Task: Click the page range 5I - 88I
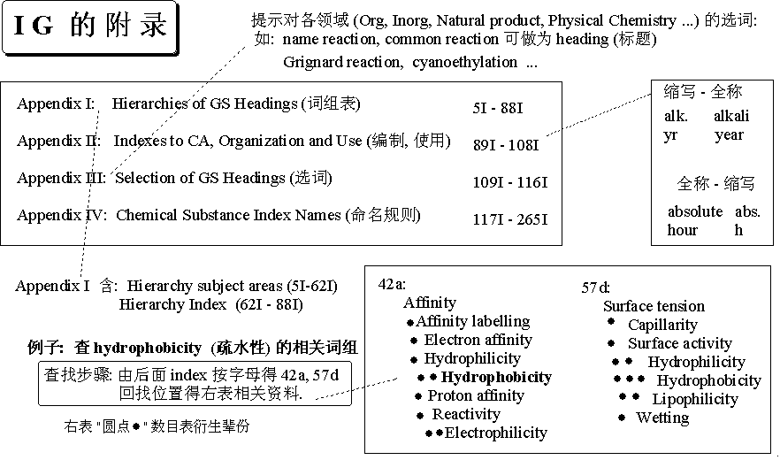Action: tap(498, 108)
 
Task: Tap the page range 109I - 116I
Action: tap(510, 182)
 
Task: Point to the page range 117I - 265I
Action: tap(510, 219)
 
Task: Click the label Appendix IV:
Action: tap(62, 215)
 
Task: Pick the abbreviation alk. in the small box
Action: tap(677, 116)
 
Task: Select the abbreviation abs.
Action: tap(747, 211)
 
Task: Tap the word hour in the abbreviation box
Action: tap(683, 230)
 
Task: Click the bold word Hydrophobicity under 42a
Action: tap(496, 378)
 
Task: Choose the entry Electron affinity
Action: tap(478, 340)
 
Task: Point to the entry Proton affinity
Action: tap(475, 395)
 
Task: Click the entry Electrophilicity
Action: tap(495, 433)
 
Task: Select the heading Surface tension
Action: tap(654, 306)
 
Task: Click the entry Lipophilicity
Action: tap(695, 399)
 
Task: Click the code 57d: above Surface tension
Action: tap(596, 287)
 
